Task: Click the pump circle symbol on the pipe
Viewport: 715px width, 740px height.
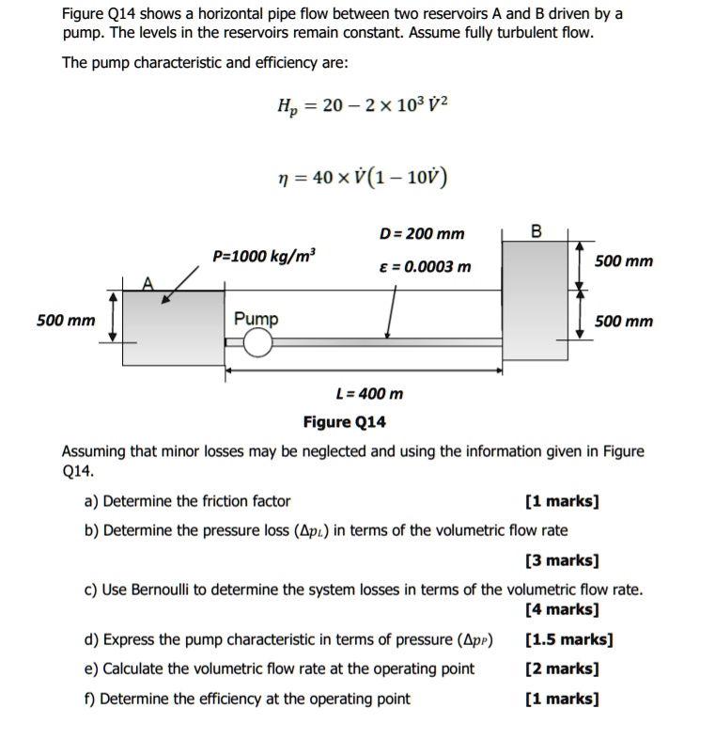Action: (x=257, y=345)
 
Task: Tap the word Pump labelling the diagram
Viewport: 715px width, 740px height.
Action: (x=256, y=319)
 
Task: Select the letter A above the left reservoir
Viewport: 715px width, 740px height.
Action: (x=147, y=282)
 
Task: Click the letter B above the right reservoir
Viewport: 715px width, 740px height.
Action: (x=536, y=230)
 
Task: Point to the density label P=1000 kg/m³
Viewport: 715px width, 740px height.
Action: (x=265, y=256)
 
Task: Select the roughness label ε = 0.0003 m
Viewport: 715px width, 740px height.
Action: (x=422, y=266)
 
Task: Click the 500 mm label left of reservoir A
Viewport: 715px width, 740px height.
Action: (x=66, y=321)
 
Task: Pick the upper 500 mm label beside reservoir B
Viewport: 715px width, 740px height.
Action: (x=624, y=260)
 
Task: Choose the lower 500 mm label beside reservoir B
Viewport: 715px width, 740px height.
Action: (x=624, y=322)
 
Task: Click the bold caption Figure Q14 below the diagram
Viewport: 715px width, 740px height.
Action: (x=344, y=422)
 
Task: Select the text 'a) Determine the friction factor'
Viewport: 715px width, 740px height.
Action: (x=187, y=501)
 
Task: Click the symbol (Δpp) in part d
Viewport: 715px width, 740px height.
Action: (x=474, y=640)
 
